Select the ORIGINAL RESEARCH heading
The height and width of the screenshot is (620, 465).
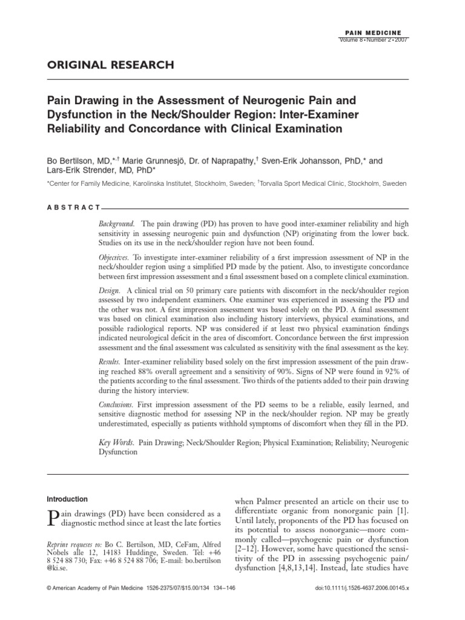click(111, 65)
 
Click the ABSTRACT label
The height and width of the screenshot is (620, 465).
click(73, 208)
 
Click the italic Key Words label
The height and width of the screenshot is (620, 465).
click(116, 443)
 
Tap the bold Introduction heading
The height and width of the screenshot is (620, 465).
click(67, 500)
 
